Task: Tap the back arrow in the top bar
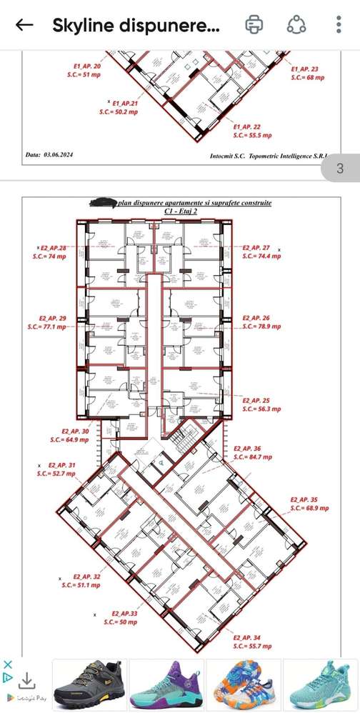24,25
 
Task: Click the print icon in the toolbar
254,25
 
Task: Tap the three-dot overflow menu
339,25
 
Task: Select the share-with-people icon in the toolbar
296,25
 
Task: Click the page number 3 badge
340,169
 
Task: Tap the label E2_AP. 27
256,246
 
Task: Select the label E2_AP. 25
256,401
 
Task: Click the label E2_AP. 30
75,432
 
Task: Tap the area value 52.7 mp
60,473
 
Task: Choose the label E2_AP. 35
304,499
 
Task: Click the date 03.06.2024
58,154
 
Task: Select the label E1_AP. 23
305,69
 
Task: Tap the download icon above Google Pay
26,679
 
